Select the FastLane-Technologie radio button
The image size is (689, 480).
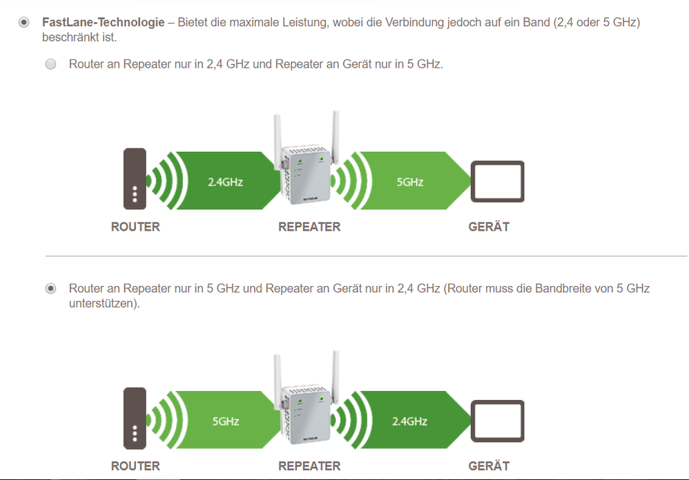pos(24,23)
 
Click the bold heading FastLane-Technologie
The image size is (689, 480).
pos(104,23)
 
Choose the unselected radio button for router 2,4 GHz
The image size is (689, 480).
pos(50,65)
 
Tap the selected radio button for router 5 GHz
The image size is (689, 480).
pos(50,289)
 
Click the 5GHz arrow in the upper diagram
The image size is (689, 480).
pos(410,182)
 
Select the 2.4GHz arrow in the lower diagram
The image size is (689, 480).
pos(410,421)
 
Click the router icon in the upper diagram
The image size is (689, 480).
pos(135,178)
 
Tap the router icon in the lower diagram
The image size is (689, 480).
pos(135,418)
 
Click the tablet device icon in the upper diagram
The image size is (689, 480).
pos(497,181)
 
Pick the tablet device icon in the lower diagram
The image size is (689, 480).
pos(497,421)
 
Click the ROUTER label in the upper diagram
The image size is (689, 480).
pos(135,227)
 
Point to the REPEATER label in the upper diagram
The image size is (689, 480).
pos(309,227)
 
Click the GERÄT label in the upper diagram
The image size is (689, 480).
pos(489,227)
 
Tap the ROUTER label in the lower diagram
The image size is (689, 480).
pos(135,466)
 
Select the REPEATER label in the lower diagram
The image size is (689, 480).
pos(309,466)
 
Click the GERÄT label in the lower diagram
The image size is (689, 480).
pos(489,466)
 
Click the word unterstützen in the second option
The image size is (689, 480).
pos(104,303)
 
